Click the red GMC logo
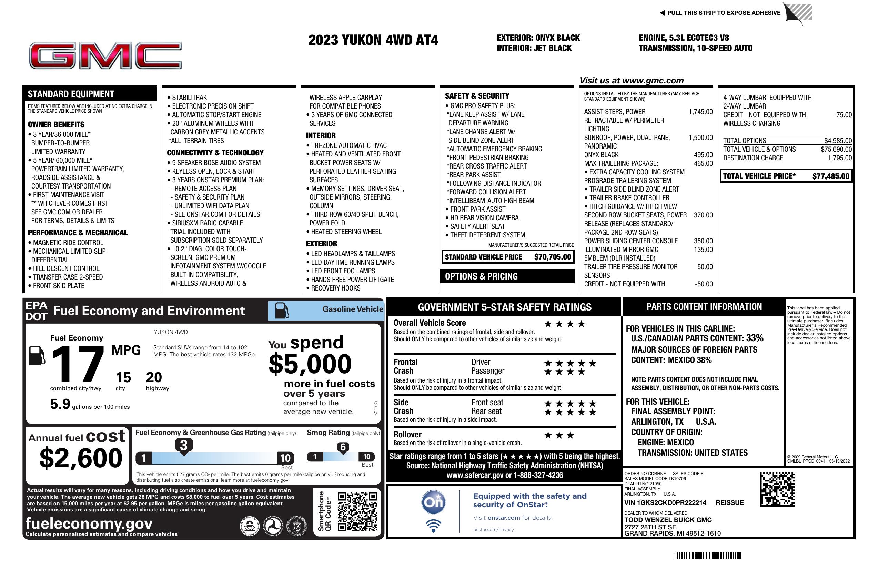tap(105, 56)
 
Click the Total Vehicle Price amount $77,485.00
tap(831, 176)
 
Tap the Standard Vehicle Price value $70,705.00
tap(552, 257)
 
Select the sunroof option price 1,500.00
tap(700, 138)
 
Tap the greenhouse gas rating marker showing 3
tap(183, 445)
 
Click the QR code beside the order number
tap(777, 489)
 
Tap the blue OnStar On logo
tap(434, 502)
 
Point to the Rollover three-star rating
tap(559, 435)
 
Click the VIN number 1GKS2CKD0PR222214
tap(665, 502)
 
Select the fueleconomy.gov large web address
tap(89, 523)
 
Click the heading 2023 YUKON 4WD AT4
tap(373, 40)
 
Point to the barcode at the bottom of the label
tap(707, 556)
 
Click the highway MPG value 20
tap(154, 377)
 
